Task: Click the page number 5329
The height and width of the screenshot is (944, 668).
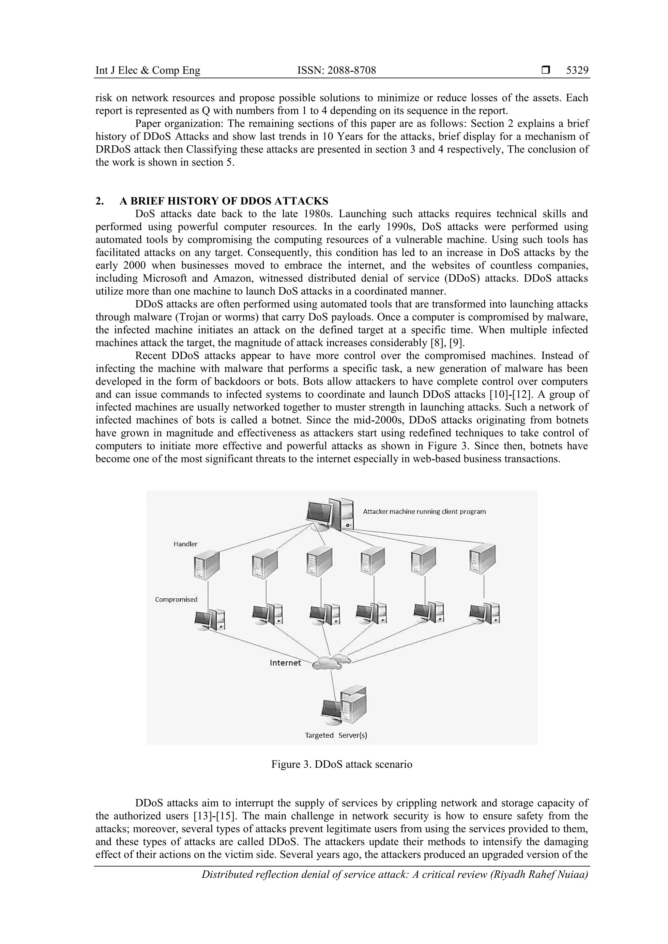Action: pyautogui.click(x=577, y=70)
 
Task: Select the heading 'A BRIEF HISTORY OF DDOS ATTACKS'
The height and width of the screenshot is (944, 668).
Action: pyautogui.click(x=224, y=201)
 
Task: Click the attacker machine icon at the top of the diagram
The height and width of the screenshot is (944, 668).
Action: pyautogui.click(x=329, y=514)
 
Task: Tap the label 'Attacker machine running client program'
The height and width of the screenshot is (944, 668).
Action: pyautogui.click(x=424, y=512)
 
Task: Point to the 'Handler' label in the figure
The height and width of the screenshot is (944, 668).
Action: pyautogui.click(x=185, y=544)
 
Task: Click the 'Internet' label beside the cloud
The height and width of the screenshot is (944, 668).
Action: pyautogui.click(x=285, y=663)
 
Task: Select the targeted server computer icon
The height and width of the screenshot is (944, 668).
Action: pyautogui.click(x=344, y=706)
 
